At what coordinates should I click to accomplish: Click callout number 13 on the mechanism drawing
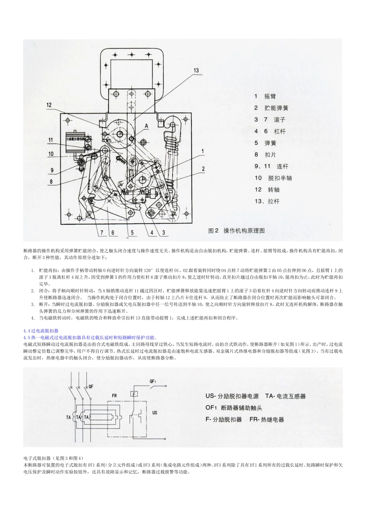coord(196,70)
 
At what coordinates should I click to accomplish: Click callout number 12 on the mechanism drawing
coord(49,104)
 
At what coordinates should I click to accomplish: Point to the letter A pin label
coord(146,126)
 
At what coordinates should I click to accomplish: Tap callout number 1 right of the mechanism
coord(203,151)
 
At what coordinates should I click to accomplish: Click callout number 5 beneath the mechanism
coord(131,232)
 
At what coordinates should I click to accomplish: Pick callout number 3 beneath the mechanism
coord(163,232)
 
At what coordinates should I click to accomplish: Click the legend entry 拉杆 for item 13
coord(274,201)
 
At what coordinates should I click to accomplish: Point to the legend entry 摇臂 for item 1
coord(270,96)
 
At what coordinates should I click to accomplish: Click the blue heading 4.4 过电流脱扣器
coord(41,331)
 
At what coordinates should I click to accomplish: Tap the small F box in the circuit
coord(133,394)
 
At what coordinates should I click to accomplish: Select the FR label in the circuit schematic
coord(114,395)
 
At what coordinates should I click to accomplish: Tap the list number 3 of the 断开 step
coord(33,304)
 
